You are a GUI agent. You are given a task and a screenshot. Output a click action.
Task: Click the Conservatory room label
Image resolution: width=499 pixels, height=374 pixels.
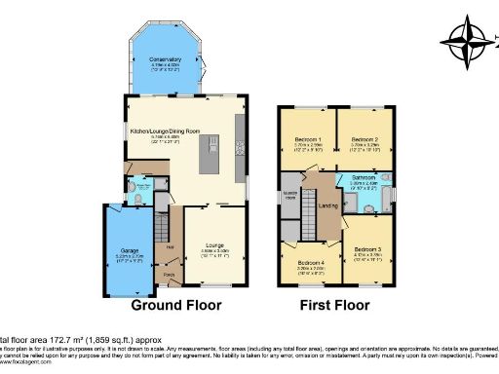pyautogui.click(x=165, y=60)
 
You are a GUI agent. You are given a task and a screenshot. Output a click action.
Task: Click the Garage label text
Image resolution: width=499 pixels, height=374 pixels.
pyautogui.click(x=124, y=249)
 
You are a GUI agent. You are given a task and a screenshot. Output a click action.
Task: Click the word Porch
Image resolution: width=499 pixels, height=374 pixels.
pyautogui.click(x=170, y=274)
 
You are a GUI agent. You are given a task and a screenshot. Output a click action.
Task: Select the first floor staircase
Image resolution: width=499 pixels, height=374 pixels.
pyautogui.click(x=310, y=205)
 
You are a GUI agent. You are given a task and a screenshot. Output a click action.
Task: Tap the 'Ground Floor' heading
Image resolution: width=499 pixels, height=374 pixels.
pyautogui.click(x=175, y=305)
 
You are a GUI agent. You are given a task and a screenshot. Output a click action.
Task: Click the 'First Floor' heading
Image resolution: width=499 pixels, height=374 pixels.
pyautogui.click(x=334, y=305)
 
